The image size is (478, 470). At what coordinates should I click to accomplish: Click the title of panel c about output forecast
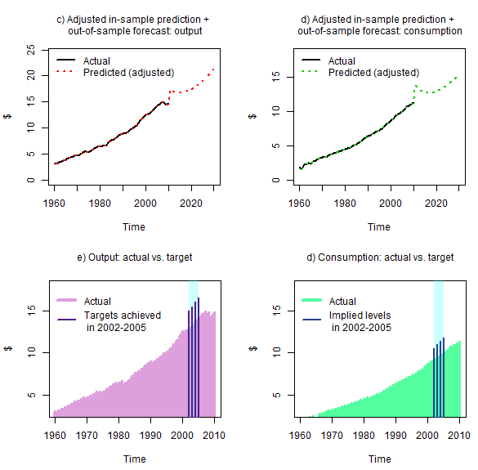[133, 25]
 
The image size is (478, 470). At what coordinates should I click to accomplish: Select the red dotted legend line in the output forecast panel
[65, 72]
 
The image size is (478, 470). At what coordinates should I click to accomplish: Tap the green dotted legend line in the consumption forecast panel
[310, 72]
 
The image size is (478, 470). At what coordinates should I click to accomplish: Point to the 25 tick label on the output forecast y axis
[31, 49]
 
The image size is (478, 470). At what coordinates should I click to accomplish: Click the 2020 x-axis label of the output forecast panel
[191, 204]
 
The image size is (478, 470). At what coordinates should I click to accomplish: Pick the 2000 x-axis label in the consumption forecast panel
[391, 204]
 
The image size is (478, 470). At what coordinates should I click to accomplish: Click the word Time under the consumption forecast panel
[379, 227]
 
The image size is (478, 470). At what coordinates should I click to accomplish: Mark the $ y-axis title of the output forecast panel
[7, 116]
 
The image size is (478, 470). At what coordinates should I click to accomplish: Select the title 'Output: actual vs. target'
[135, 257]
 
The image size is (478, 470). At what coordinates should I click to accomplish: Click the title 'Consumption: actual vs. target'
[380, 257]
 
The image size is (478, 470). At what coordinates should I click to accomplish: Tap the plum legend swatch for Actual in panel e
[66, 300]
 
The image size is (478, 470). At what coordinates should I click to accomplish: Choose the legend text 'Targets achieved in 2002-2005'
[123, 321]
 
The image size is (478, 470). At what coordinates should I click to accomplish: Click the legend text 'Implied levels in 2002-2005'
[360, 321]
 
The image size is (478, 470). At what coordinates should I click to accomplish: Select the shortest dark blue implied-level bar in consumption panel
[434, 383]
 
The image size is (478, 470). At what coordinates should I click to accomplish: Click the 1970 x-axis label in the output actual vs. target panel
[87, 435]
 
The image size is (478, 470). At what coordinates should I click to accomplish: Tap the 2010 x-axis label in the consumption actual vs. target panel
[459, 435]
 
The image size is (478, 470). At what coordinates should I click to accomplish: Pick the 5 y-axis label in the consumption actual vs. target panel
[276, 395]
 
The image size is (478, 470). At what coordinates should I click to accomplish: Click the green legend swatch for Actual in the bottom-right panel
[311, 300]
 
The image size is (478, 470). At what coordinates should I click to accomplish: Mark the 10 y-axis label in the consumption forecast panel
[276, 111]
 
